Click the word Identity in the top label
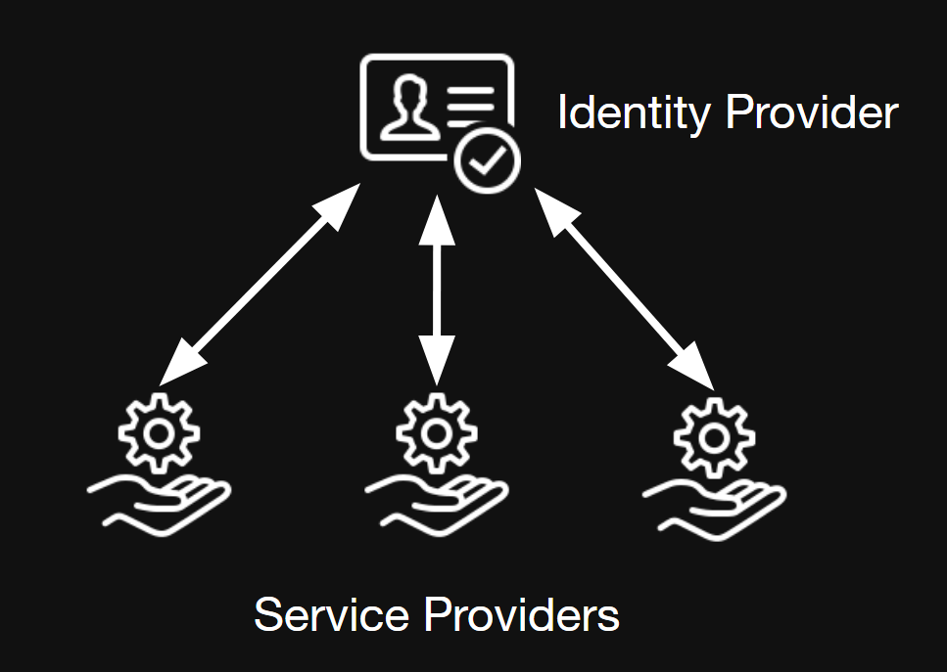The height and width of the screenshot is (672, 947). click(x=634, y=113)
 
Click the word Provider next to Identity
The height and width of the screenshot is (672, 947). click(x=812, y=113)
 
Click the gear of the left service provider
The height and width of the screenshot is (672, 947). click(x=159, y=431)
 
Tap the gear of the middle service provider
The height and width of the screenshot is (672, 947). click(x=437, y=430)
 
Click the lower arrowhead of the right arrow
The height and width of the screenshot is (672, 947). click(x=696, y=371)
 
